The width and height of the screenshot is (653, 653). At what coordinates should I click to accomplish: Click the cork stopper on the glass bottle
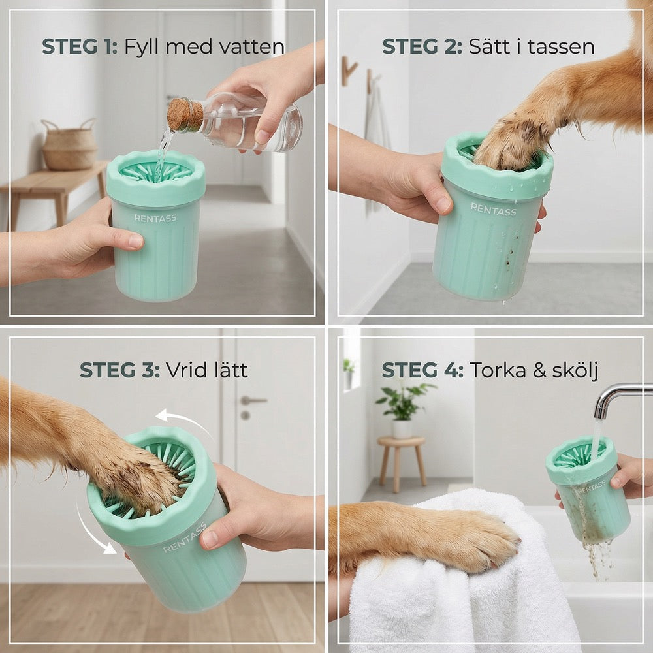185,115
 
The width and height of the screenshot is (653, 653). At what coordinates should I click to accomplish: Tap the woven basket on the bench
69,144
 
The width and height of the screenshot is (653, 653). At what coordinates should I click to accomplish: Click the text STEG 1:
80,46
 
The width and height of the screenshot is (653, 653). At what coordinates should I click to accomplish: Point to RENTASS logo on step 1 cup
155,218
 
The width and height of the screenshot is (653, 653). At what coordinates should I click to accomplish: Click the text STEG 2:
422,46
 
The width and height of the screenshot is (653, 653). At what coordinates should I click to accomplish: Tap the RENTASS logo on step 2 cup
494,209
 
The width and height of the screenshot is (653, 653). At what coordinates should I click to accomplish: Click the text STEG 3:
120,370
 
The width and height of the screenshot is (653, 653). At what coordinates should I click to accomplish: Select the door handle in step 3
252,401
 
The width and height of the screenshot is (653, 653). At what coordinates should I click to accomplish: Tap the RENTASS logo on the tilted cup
185,537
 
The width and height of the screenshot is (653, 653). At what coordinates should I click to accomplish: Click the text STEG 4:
422,370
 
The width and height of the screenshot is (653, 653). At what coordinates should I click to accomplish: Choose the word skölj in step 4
575,370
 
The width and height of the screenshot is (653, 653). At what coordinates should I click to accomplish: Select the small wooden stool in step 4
402,463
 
